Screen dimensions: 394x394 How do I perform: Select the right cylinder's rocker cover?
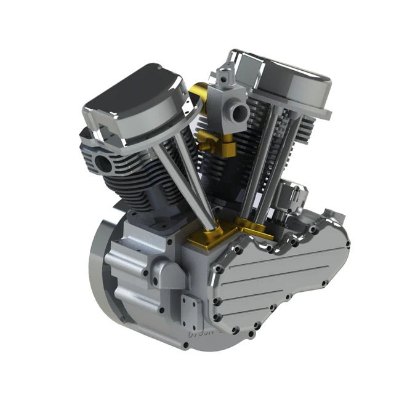pyautogui.click(x=289, y=83)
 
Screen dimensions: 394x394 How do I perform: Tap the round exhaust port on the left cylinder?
pyautogui.click(x=102, y=164)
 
